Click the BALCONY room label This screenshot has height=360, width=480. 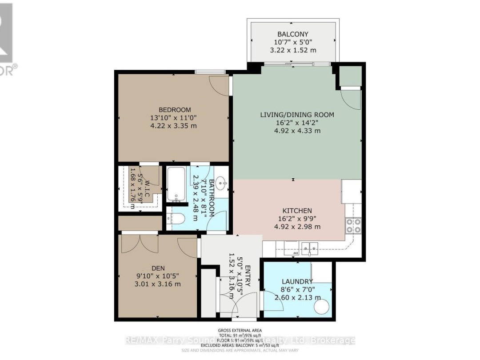click(292, 34)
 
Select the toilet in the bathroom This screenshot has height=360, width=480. click(176, 219)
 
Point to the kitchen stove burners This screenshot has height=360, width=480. click(353, 226)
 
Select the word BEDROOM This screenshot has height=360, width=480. click(175, 110)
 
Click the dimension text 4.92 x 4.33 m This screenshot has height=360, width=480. click(297, 131)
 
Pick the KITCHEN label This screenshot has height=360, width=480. click(297, 211)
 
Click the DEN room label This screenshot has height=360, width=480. click(158, 268)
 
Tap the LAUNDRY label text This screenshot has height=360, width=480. click(297, 282)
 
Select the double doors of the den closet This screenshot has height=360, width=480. click(140, 242)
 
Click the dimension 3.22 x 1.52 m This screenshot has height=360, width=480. click(292, 50)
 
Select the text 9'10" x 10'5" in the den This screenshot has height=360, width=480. click(158, 276)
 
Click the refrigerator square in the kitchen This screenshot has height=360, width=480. click(351, 191)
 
